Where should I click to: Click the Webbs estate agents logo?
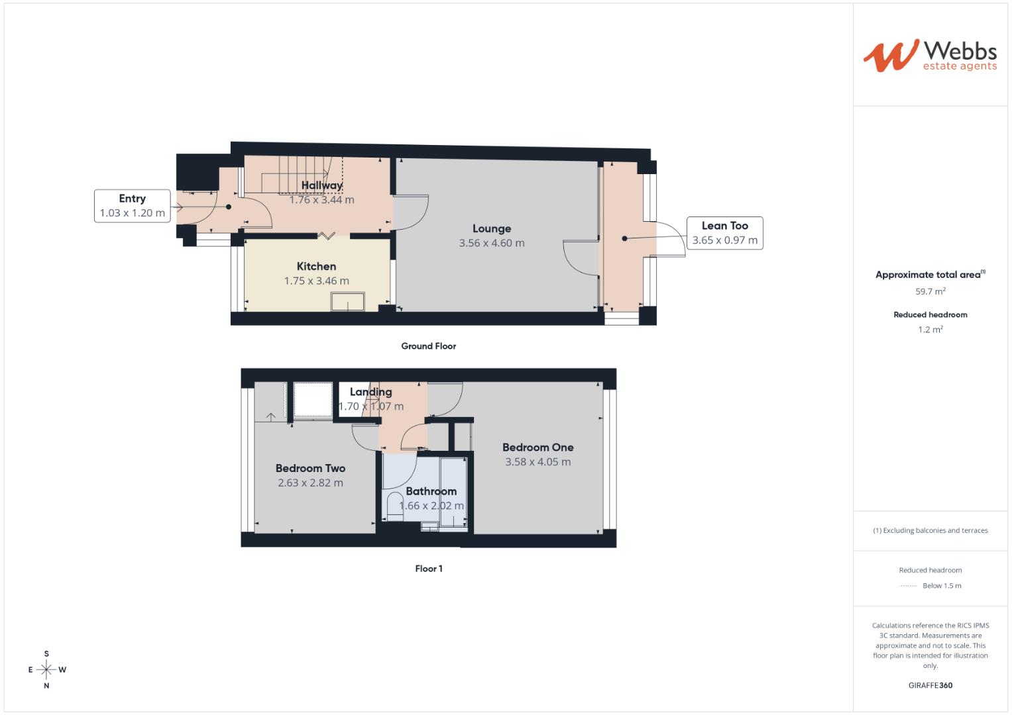pyautogui.click(x=929, y=55)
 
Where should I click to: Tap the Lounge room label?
pyautogui.click(x=492, y=228)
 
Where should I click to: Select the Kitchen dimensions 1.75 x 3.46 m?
pyautogui.click(x=316, y=281)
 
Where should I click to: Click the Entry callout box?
pyautogui.click(x=133, y=205)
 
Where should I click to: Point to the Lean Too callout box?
pyautogui.click(x=724, y=232)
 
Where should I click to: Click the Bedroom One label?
pyautogui.click(x=537, y=448)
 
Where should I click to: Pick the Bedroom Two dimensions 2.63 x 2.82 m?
pyautogui.click(x=310, y=483)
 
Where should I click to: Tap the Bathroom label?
pyautogui.click(x=431, y=491)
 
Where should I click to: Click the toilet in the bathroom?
pyautogui.click(x=395, y=507)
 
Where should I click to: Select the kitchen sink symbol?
pyautogui.click(x=348, y=303)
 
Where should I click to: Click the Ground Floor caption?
pyautogui.click(x=428, y=346)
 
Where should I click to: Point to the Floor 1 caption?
pyautogui.click(x=429, y=569)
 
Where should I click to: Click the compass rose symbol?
pyautogui.click(x=46, y=669)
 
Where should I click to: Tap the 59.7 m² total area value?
pyautogui.click(x=930, y=291)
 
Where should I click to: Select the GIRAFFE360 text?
pyautogui.click(x=930, y=685)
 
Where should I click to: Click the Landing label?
pyautogui.click(x=370, y=392)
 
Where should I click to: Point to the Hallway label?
pyautogui.click(x=321, y=185)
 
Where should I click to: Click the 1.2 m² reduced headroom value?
pyautogui.click(x=930, y=330)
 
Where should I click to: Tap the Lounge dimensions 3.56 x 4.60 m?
pyautogui.click(x=492, y=243)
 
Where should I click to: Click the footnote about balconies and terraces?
pyautogui.click(x=930, y=530)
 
